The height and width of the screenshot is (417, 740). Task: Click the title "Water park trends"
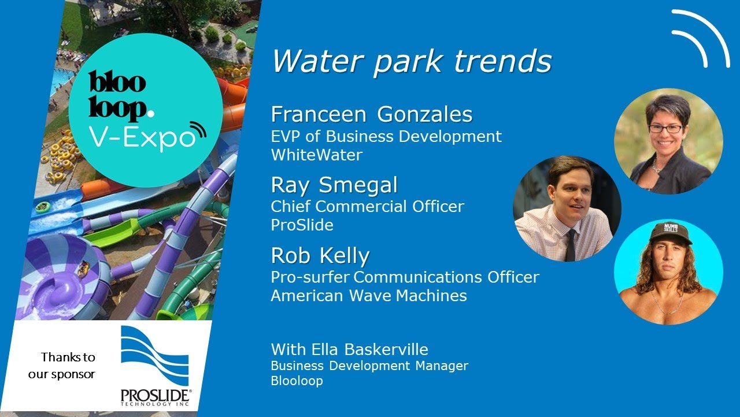click(x=412, y=61)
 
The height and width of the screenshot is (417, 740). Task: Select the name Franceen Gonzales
click(x=371, y=115)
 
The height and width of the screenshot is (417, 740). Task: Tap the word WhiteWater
click(x=316, y=155)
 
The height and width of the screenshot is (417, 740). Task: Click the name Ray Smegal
click(x=334, y=185)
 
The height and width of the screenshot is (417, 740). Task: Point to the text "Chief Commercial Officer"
click(x=367, y=206)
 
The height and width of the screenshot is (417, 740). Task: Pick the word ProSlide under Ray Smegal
click(x=302, y=225)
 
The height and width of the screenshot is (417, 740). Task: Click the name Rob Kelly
click(x=320, y=255)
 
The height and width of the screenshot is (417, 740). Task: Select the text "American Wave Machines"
click(x=368, y=295)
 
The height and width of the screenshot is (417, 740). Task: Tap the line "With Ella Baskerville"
click(x=349, y=350)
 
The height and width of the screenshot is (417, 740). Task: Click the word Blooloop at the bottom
click(x=297, y=381)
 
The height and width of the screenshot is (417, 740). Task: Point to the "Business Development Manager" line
click(x=369, y=366)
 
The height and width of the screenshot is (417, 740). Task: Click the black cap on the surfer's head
click(x=670, y=233)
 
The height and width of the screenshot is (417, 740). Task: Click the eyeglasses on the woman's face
click(x=666, y=129)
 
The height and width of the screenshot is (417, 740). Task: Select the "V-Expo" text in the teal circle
click(x=141, y=137)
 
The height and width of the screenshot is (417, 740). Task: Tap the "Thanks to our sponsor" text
click(x=65, y=365)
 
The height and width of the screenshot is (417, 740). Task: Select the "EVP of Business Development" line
click(x=386, y=137)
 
